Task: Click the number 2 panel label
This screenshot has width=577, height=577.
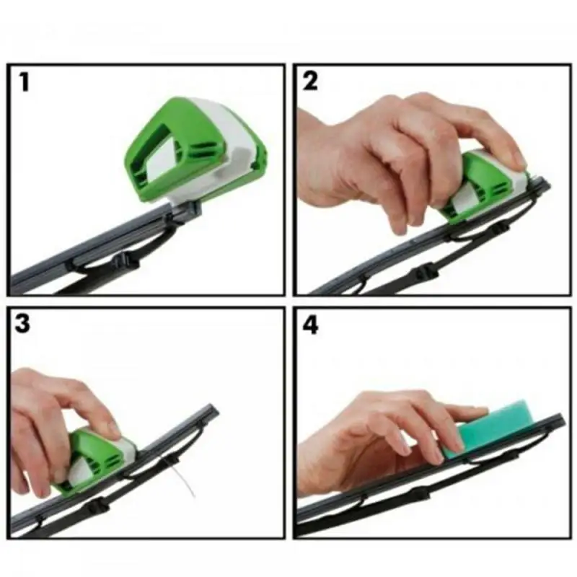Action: click(x=311, y=82)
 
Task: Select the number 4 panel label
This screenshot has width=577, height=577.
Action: click(x=311, y=325)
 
